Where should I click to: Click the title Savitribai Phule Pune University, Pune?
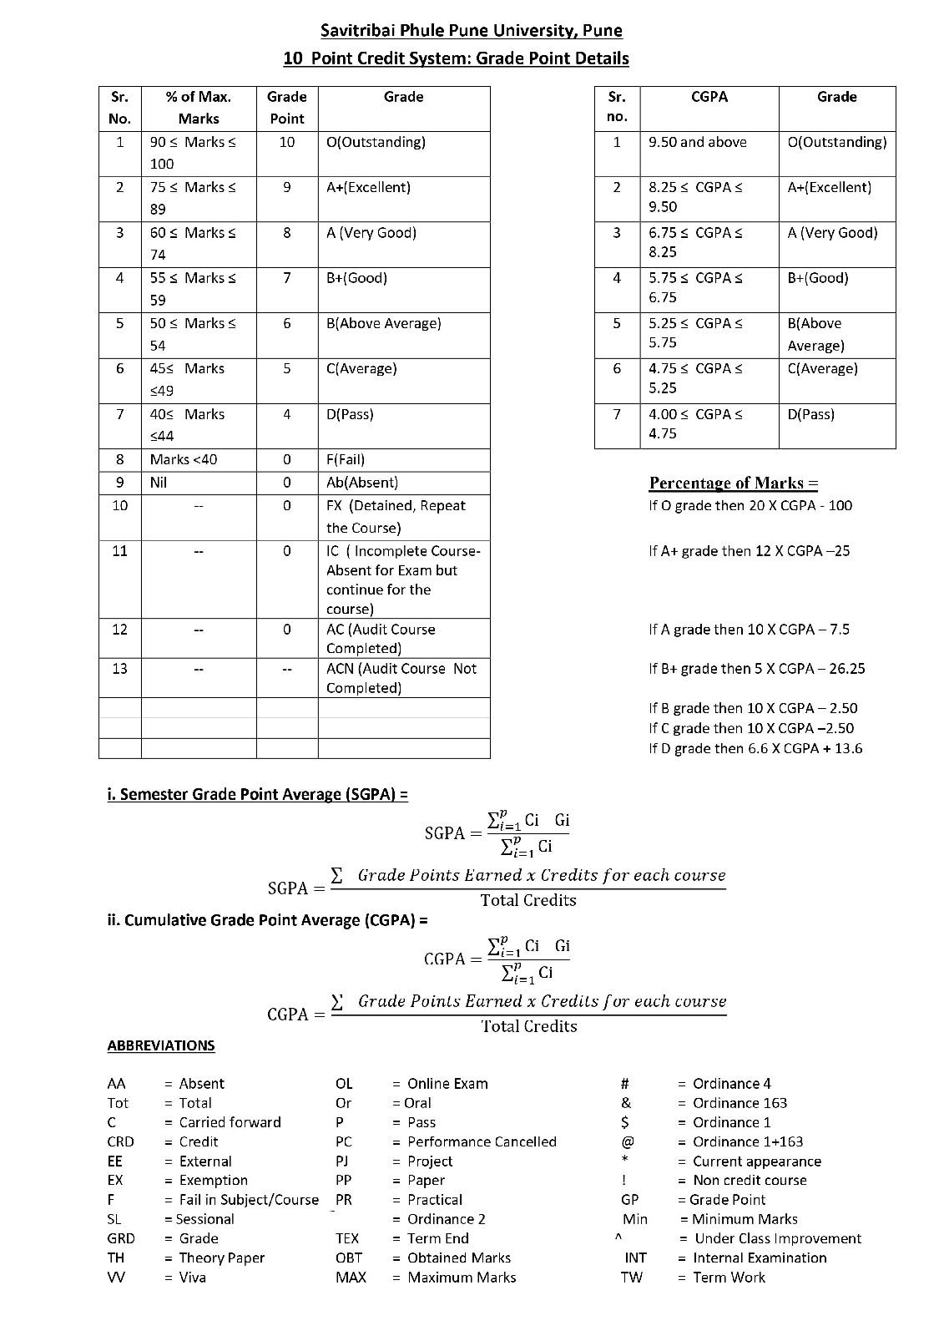tap(472, 31)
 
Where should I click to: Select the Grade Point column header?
tap(286, 108)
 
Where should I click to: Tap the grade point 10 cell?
tap(286, 142)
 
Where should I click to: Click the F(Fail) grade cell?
tap(346, 459)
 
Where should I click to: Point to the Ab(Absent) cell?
tap(362, 482)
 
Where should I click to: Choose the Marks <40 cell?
tap(184, 459)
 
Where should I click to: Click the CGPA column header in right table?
tap(709, 97)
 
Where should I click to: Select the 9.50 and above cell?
tap(698, 142)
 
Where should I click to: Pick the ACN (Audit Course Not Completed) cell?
tap(401, 678)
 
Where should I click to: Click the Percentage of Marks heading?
tap(734, 483)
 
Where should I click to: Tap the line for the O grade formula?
tap(750, 505)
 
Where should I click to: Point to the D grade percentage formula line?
tap(755, 748)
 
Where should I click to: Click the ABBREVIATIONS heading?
tap(161, 1045)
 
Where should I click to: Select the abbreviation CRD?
tap(120, 1141)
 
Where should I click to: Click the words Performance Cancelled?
tap(482, 1141)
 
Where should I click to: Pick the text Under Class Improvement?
tap(778, 1238)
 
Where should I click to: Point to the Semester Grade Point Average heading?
tap(257, 794)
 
